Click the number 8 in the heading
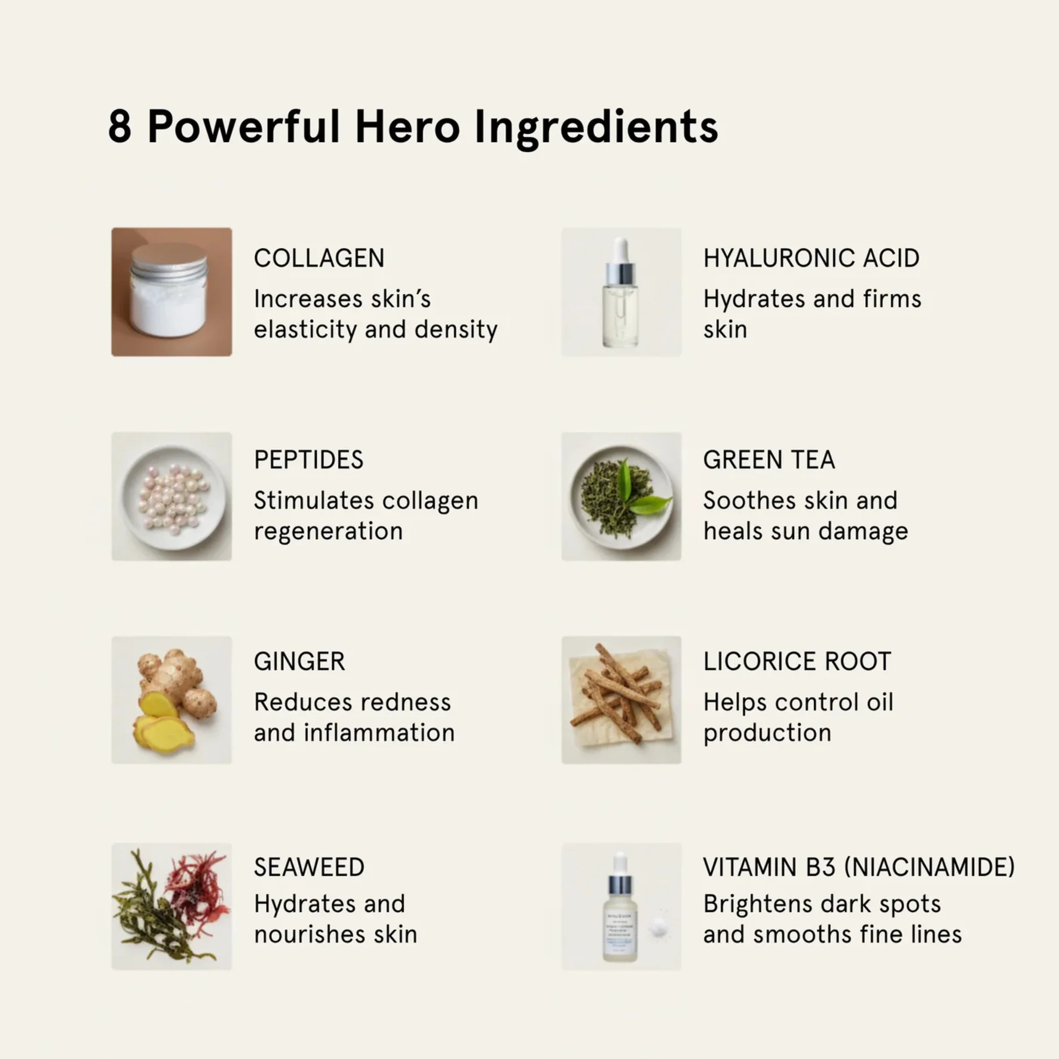pos(120,127)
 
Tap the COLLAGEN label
pos(319,258)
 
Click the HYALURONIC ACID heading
pos(811,258)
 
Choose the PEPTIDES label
pos(308,460)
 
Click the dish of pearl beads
pos(172,497)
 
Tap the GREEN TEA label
pos(769,460)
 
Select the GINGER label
pos(299,662)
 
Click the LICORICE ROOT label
pos(797,662)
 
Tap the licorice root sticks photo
pos(621,700)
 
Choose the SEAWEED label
pos(309,867)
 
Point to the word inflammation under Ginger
pos(379,732)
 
